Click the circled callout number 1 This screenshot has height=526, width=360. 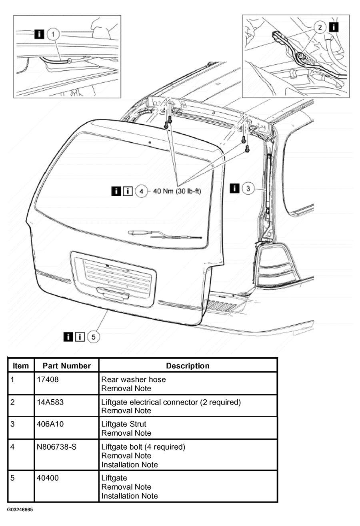pos(53,34)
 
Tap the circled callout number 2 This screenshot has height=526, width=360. pos(320,27)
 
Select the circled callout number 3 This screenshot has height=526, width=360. pos(248,188)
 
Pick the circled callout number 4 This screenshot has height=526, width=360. pos(141,191)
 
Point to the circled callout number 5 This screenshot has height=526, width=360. pos(93,337)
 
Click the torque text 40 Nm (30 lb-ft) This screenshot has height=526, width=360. pos(177,191)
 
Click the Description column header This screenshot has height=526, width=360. pos(188,366)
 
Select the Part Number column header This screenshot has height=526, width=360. pos(67,366)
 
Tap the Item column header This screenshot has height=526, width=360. pos(21,366)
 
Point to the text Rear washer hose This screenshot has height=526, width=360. pos(133,379)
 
